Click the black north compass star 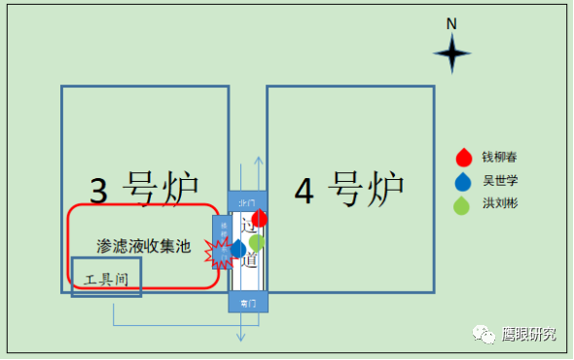point(452,54)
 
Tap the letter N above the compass point(451,22)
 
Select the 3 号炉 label point(144,188)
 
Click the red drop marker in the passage point(260,219)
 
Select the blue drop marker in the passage point(237,249)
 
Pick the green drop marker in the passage point(256,241)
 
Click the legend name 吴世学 point(497,181)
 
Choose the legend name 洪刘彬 point(497,204)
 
